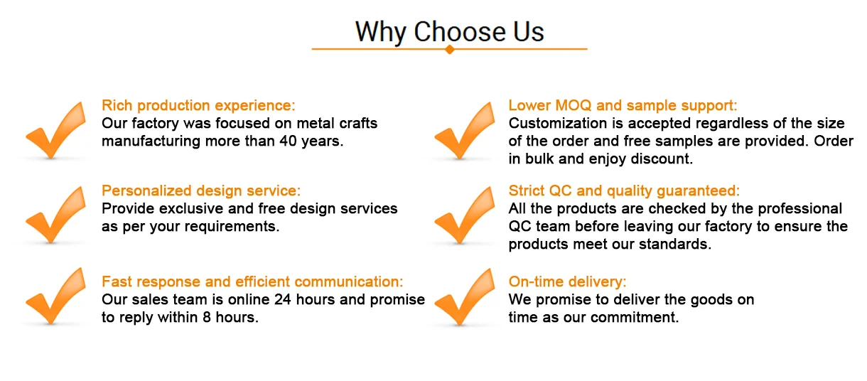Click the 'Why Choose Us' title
pos(449,32)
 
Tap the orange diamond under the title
pos(449,50)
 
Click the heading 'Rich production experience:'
pos(198,105)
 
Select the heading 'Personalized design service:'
pos(201,190)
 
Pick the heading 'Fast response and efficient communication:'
pos(252,281)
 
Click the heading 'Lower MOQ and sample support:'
pos(623,105)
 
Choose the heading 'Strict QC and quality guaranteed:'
pos(624,190)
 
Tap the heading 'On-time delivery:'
pos(567,281)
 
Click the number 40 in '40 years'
pos(288,141)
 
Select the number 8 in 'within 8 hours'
pos(207,317)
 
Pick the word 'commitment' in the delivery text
pos(635,317)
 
